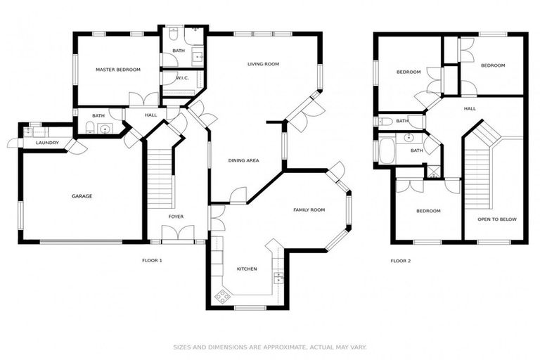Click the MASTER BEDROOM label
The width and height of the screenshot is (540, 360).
pos(118,70)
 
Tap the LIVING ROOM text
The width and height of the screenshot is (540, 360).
pos(263,64)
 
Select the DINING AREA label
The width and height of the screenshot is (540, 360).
pos(243,160)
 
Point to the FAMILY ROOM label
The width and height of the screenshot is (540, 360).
pos(309,210)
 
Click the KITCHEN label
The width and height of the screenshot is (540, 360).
pos(246,269)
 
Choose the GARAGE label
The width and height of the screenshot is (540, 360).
pos(82,196)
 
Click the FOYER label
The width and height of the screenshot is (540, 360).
pos(176,217)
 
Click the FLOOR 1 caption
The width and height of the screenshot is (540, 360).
pos(152,261)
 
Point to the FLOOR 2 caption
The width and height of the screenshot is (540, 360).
pos(400,261)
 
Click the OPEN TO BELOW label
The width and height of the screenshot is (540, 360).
pos(496,219)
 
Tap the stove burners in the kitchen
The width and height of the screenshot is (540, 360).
pos(222,297)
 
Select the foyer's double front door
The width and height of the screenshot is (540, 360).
pos(175,234)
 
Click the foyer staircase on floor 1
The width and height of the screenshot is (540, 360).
pos(160,179)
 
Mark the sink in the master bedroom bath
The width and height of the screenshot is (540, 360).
pos(104,128)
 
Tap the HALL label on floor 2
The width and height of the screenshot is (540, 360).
pos(470,108)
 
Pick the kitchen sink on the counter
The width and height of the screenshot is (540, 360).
pos(278,276)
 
